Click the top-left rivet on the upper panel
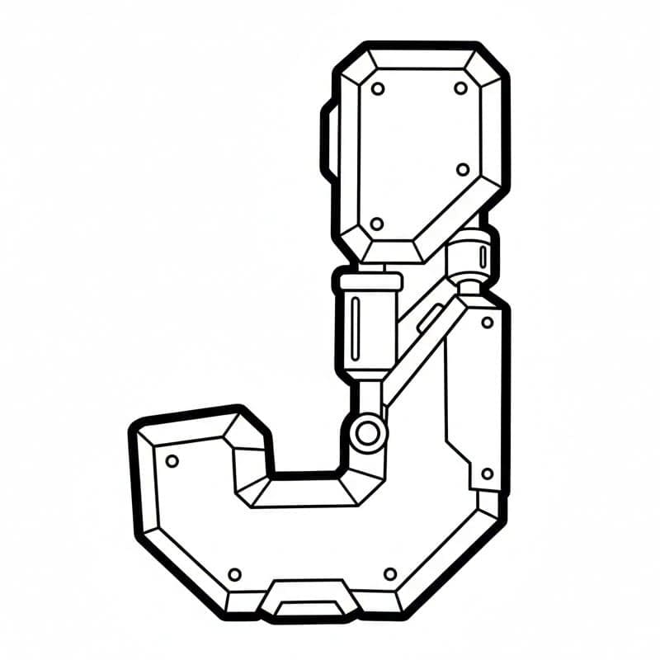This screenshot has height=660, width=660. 378,89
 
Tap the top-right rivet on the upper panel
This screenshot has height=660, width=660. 461,88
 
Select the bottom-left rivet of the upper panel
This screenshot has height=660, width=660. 377,224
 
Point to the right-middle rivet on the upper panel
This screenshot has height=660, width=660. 463,170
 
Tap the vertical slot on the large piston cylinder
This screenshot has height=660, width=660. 357,328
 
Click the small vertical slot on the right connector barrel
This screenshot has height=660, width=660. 483,257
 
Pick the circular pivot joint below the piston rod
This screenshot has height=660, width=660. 367,434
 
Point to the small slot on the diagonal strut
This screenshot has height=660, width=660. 430,319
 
